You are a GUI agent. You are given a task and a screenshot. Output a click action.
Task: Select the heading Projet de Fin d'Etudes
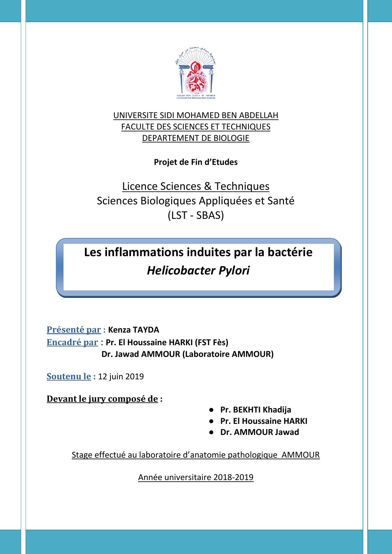[196, 162]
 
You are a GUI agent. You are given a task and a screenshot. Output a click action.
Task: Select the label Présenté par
[74, 330]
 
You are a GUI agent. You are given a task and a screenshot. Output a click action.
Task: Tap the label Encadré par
[72, 342]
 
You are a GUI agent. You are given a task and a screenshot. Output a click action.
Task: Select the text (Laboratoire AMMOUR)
[228, 354]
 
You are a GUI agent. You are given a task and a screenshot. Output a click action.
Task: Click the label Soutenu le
[69, 376]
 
